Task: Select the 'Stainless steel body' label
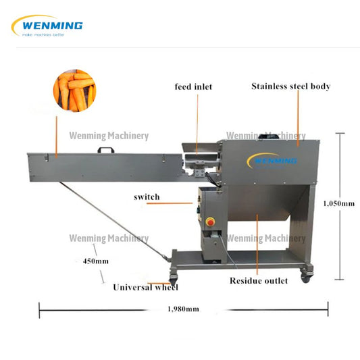click(x=290, y=86)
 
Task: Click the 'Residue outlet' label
click(x=258, y=280)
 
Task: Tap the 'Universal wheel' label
click(x=145, y=288)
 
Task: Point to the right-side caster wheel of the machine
click(x=306, y=275)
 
